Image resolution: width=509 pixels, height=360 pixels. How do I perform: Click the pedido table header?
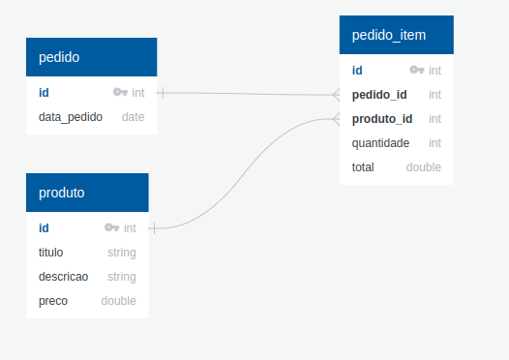pos(91,57)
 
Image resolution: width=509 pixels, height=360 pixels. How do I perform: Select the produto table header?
pos(87,193)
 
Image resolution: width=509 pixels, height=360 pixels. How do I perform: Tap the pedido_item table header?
pos(396,36)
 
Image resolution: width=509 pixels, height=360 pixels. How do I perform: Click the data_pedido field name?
pos(71,117)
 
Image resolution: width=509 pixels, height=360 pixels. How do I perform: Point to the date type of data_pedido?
pos(133,117)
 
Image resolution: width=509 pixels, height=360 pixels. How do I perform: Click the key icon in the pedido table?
pos(120,93)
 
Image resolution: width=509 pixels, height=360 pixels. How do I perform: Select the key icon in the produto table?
pos(111,228)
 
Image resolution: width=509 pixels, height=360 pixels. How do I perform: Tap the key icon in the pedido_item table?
pos(417,71)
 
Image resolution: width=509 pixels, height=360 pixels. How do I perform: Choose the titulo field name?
pos(51,253)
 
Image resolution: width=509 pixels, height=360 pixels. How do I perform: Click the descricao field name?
pos(64,277)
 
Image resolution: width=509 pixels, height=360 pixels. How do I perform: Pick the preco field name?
pos(53,301)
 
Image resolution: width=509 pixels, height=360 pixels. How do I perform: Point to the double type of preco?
pos(118,301)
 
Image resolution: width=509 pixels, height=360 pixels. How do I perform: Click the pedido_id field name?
pos(379,95)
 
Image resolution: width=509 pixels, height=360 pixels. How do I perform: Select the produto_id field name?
pos(382,119)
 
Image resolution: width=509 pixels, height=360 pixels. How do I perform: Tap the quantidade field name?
pos(380,143)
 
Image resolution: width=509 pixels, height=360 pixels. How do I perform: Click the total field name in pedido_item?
pos(364,167)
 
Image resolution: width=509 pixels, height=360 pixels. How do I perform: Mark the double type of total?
pos(423,167)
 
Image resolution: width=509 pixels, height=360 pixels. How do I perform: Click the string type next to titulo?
pos(121,253)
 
